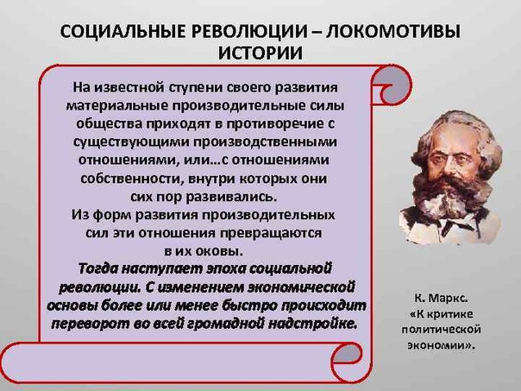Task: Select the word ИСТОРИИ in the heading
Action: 260,54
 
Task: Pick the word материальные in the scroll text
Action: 116,105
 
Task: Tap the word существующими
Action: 130,142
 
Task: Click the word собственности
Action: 131,179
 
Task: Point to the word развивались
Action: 231,197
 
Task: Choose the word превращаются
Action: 270,233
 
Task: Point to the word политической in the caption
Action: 442,330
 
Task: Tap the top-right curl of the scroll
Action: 392,85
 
